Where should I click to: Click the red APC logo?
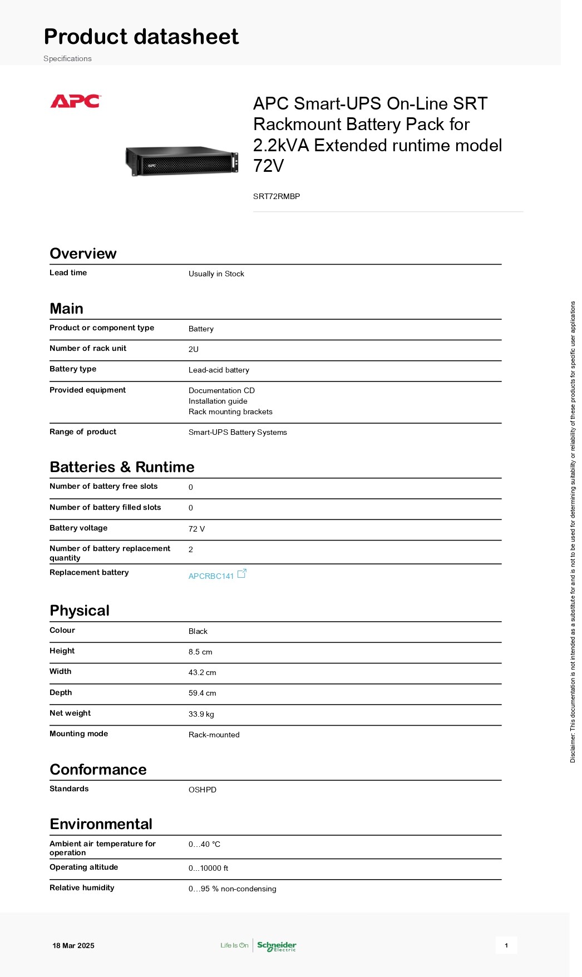pos(75,101)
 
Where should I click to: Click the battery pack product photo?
pos(182,161)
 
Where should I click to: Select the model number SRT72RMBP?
pos(277,196)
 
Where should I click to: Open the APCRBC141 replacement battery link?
pos(211,576)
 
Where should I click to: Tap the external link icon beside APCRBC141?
pos(242,573)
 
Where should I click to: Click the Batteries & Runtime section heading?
pos(122,467)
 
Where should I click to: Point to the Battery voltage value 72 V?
pos(196,529)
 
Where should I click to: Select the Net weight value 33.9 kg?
pos(201,714)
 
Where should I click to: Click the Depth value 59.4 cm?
pos(202,693)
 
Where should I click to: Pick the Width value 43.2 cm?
pos(202,672)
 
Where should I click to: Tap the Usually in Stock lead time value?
pos(216,274)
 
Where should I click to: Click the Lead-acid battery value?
pos(219,370)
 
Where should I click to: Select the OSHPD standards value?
pos(203,790)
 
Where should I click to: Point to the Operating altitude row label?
pos(83,867)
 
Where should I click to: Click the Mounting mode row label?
pos(78,733)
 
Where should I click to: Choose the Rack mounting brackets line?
pos(230,411)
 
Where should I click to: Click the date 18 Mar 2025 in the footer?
pos(73,945)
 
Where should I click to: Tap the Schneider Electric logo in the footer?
pos(277,946)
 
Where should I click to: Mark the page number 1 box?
pos(506,945)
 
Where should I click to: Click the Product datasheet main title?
pos(141,37)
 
